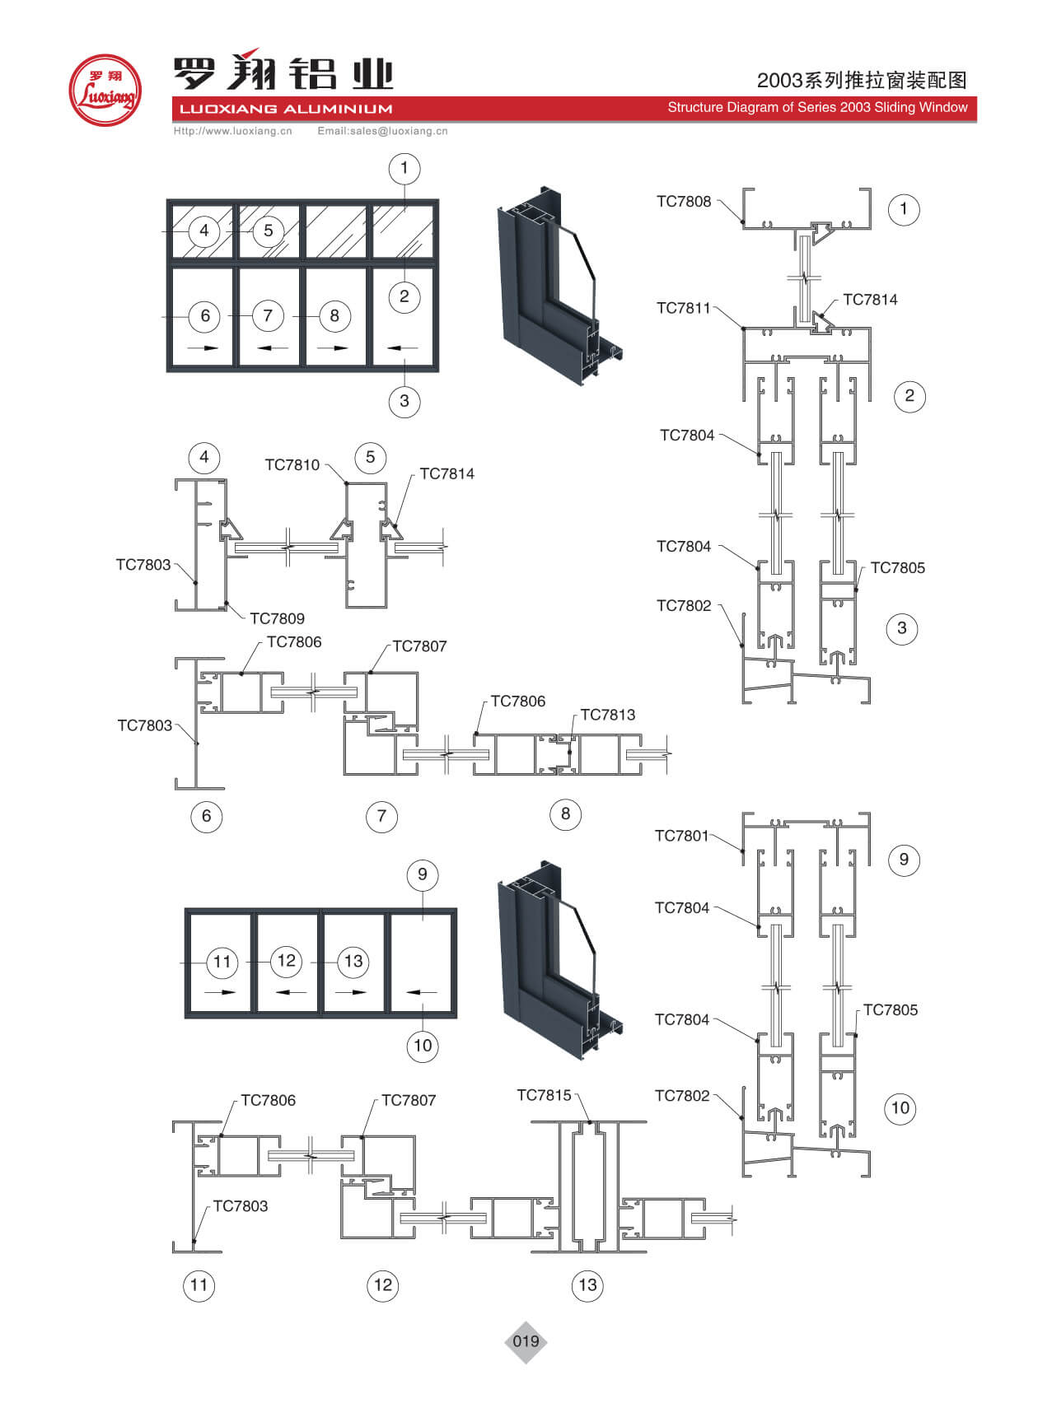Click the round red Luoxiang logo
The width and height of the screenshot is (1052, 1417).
104,91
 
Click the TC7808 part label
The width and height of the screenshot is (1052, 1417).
683,202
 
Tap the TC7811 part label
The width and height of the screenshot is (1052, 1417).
683,308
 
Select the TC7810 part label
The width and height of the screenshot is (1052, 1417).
292,465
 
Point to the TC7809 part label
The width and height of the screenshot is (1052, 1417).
277,618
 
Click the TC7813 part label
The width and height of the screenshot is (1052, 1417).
607,715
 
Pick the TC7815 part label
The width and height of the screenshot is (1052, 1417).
544,1095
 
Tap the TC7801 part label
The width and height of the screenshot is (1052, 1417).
681,836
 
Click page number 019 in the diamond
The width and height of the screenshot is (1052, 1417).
526,1341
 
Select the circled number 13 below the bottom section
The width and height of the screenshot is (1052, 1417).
587,1285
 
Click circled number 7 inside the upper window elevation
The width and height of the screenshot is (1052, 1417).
268,315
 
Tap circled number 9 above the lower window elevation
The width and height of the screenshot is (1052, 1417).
423,874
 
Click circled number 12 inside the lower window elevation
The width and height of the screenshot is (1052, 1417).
286,961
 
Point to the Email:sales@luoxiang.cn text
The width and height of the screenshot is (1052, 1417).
382,131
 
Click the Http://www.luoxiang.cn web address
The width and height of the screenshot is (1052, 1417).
232,131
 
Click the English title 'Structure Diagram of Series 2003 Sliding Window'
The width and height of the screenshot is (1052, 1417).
817,107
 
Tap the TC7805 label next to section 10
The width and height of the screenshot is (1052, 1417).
890,1010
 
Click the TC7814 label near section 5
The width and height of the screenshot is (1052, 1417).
447,473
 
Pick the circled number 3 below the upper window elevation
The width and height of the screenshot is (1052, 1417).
404,401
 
